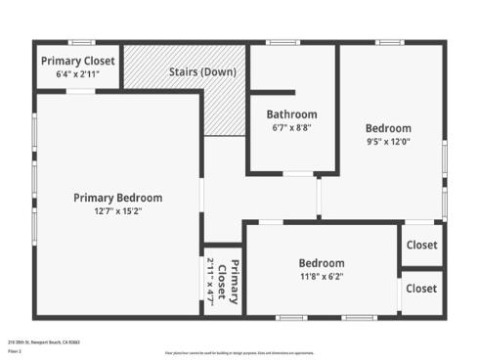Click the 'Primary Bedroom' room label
117,198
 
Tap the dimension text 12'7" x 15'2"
117,211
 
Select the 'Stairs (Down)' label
200,72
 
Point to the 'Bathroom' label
291,114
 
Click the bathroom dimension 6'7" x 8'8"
291,127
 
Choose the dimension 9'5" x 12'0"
388,142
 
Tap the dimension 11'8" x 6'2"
321,277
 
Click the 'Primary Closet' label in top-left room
78,61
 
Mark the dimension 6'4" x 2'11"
78,74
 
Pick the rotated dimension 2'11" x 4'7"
210,282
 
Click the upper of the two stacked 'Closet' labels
421,246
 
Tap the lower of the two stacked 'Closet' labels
421,289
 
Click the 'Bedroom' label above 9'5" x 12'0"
388,128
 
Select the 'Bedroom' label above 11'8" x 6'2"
321,263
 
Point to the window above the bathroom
283,42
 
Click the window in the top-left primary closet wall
81,42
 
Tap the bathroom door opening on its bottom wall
297,174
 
